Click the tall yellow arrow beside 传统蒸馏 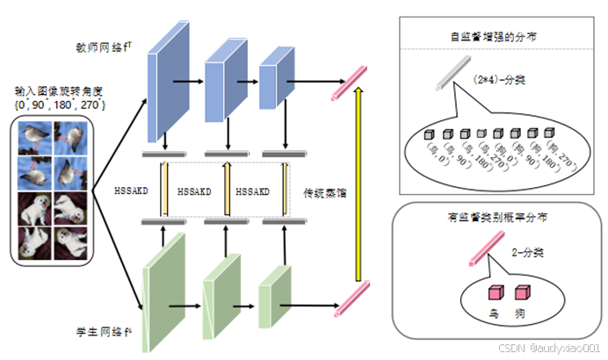pos(358,190)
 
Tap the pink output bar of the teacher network pos(347,83)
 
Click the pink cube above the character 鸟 pos(495,292)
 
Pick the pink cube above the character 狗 pos(522,292)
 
